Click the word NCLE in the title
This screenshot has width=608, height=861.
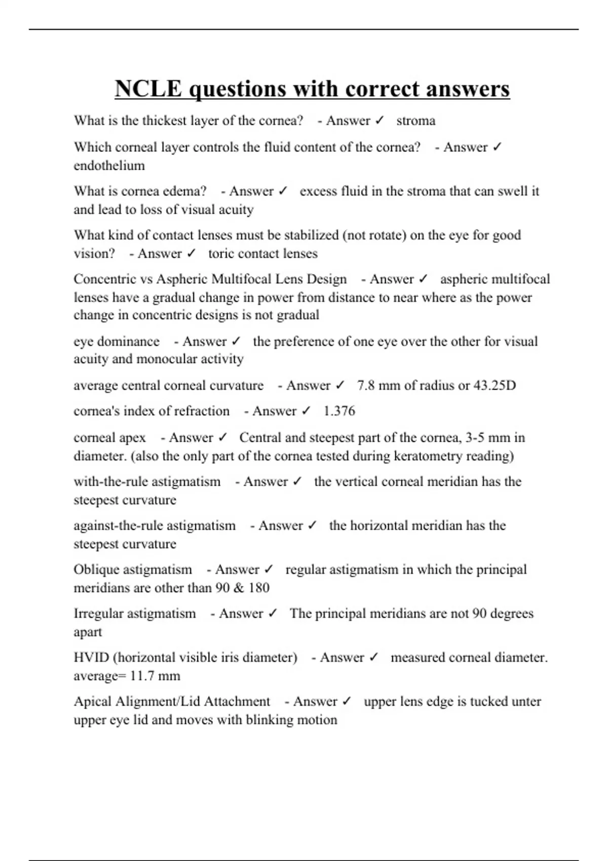148,89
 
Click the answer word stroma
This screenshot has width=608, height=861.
415,121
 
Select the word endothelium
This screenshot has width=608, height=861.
109,166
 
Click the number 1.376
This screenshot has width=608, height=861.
339,411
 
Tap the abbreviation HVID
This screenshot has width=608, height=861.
91,657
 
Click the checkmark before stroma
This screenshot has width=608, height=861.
379,121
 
